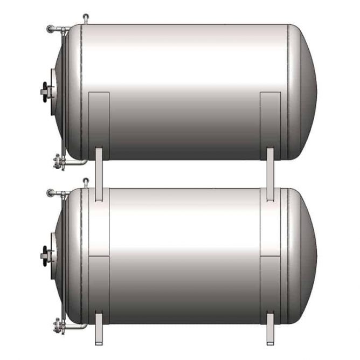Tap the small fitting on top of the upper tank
(85, 18)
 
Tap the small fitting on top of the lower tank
(85, 182)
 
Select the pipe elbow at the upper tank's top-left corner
(51, 28)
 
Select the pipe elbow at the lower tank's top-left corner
(51, 192)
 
